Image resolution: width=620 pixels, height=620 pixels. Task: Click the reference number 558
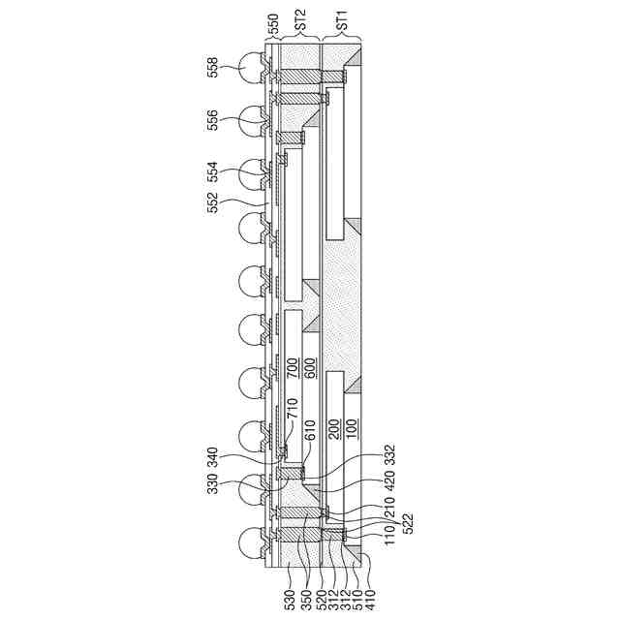(212, 67)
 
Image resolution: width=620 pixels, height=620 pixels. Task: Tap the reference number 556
(212, 120)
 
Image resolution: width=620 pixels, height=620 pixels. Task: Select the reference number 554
(212, 172)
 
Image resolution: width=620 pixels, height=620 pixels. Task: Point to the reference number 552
(212, 202)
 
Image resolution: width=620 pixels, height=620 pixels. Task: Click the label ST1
(342, 19)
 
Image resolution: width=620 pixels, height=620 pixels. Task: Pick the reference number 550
(273, 23)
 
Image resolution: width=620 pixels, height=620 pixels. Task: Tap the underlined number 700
(293, 368)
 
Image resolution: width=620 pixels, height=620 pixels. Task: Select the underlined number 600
(310, 368)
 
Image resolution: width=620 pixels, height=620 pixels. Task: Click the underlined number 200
(334, 429)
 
